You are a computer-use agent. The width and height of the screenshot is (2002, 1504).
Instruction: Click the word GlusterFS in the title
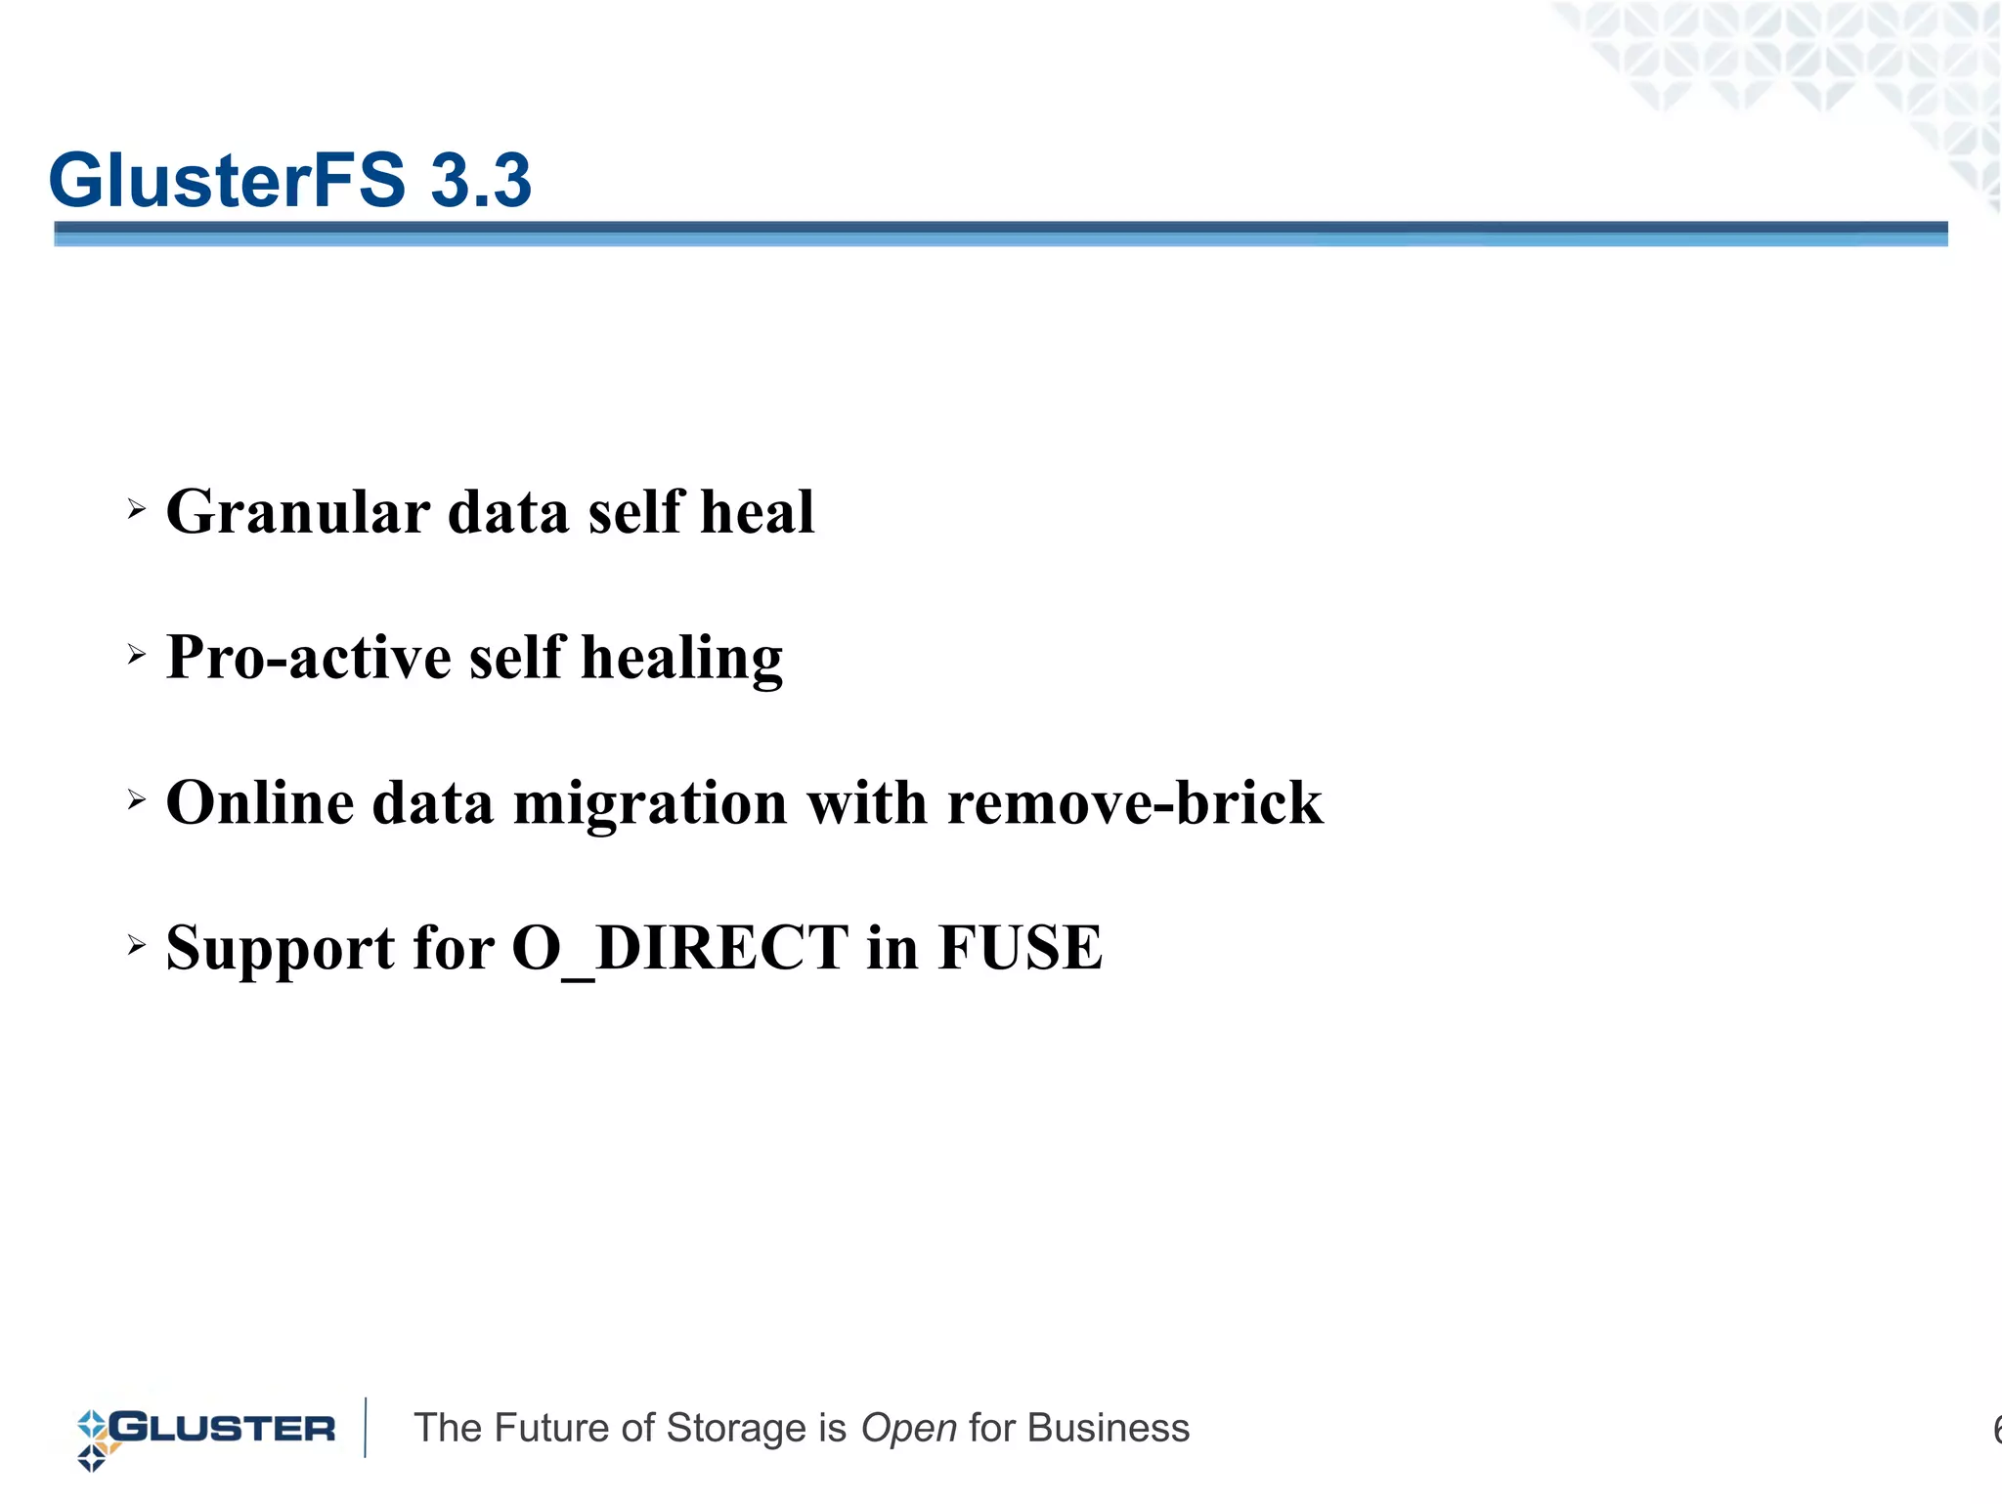pos(227,181)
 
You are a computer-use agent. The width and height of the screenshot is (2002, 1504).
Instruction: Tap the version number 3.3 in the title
pos(481,181)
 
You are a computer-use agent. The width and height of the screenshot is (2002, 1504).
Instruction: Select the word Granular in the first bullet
pos(298,512)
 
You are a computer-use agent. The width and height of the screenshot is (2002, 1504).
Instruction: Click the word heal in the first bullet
pos(758,512)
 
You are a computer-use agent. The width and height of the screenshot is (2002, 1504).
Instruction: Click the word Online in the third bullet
pos(260,803)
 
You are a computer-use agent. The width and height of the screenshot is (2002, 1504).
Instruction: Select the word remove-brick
pos(1135,803)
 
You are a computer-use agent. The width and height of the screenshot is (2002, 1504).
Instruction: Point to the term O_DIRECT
pos(680,949)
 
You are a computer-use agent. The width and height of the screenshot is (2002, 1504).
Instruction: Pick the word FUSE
pos(1021,948)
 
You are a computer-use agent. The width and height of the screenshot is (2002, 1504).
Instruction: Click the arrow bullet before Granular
pos(137,508)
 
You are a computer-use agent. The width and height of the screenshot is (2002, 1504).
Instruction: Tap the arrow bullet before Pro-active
pos(137,654)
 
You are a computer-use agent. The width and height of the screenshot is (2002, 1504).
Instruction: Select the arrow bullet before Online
pos(137,800)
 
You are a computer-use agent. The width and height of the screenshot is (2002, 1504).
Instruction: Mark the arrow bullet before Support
pos(137,945)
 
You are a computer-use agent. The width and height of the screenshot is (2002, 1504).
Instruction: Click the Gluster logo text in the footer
pos(223,1429)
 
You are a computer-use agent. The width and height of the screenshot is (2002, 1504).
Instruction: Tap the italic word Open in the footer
pos(908,1429)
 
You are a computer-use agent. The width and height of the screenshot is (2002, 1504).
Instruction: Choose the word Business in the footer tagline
pos(1109,1429)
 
